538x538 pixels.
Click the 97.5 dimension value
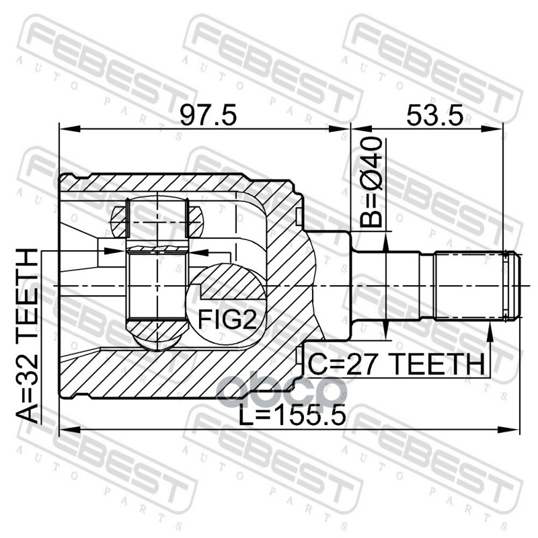coord(208,115)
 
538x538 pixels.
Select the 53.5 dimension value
coord(434,115)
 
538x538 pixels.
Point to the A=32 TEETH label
coord(27,336)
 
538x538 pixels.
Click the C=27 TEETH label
coord(396,364)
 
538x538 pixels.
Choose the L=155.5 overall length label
coord(292,414)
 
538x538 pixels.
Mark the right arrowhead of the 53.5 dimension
coord(492,129)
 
